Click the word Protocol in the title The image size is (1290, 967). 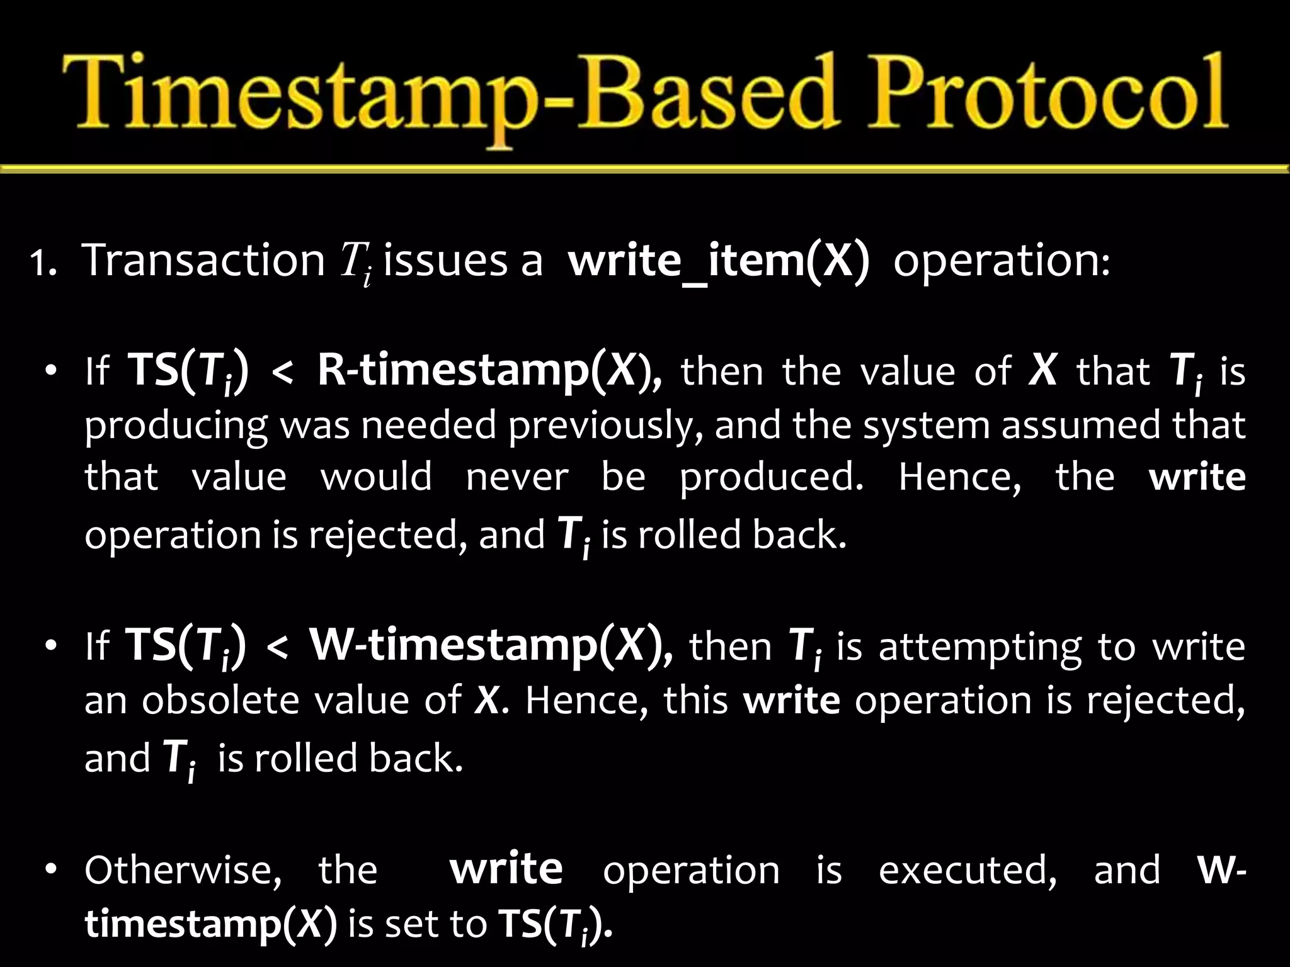[1046, 94]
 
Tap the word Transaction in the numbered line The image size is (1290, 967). [203, 260]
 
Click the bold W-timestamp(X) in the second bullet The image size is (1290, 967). [491, 647]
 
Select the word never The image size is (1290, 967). [517, 477]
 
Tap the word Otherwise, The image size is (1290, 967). [183, 871]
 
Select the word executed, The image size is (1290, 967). [967, 871]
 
